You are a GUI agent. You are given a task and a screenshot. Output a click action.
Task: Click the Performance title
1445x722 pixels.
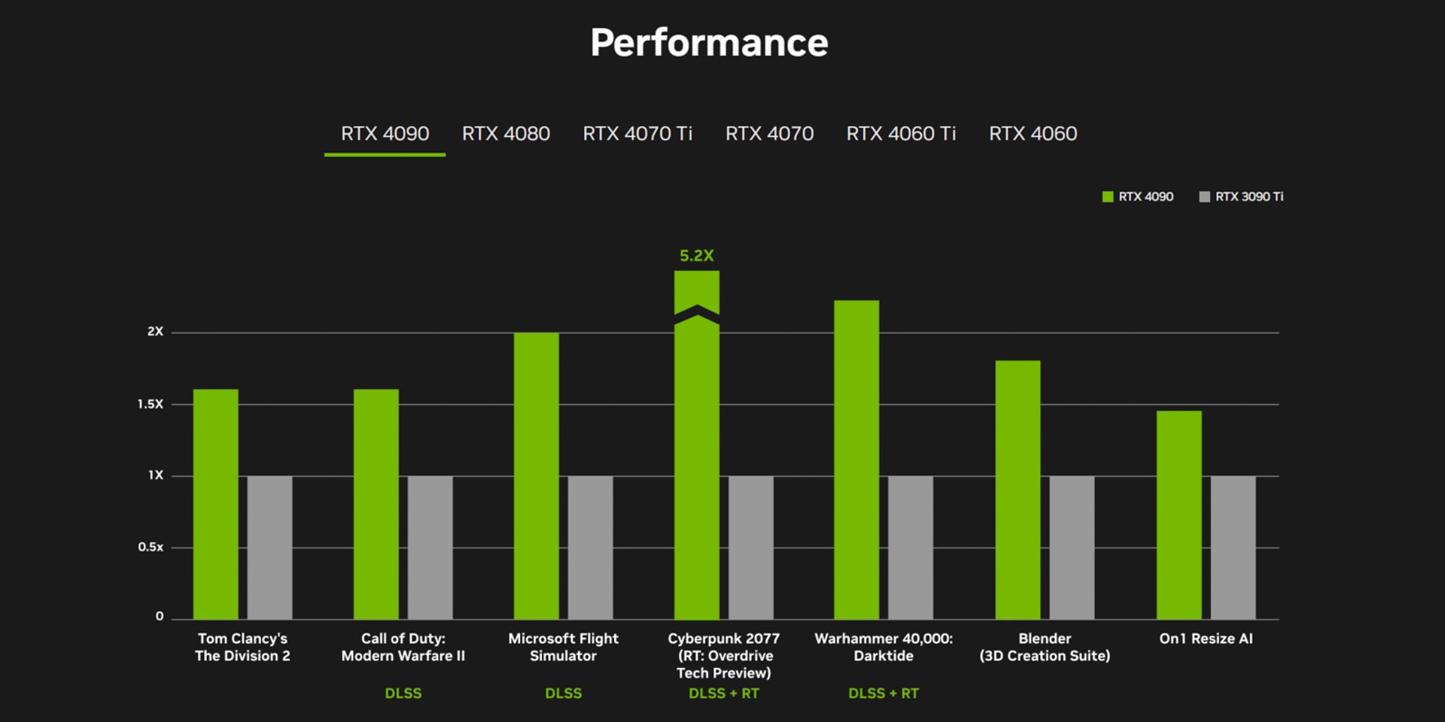coord(709,43)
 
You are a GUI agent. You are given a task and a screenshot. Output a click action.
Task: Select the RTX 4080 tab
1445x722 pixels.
coord(506,134)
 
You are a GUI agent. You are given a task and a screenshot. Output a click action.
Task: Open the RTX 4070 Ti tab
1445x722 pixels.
coord(637,134)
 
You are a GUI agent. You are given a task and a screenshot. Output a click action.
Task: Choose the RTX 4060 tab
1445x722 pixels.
coord(1033,134)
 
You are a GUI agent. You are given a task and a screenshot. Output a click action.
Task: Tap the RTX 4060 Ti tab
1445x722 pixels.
coord(901,134)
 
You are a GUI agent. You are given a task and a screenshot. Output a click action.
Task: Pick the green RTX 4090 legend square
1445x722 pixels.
coord(1107,197)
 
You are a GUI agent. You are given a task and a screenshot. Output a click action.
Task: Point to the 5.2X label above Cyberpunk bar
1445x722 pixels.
coord(696,256)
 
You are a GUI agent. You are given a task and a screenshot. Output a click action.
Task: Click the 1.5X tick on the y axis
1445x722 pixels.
coord(151,404)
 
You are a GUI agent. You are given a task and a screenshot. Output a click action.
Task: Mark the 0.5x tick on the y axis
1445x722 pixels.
coord(151,547)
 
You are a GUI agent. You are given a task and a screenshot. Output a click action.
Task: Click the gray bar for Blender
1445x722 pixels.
coord(1072,548)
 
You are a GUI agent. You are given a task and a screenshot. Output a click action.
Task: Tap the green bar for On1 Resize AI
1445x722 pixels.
coord(1179,515)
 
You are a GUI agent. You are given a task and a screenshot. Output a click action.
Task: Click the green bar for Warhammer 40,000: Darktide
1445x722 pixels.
coord(856,460)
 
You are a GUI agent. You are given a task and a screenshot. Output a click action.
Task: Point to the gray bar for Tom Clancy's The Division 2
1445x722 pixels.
coord(269,548)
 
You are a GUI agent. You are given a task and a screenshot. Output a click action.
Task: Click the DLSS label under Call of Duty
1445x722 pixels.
coord(403,693)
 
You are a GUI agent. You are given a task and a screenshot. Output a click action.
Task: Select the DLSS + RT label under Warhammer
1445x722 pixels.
coord(884,693)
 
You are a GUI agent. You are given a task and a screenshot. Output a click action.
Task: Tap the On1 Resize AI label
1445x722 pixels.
coord(1206,639)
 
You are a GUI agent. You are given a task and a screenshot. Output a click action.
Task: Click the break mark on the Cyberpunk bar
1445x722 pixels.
coord(697,314)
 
